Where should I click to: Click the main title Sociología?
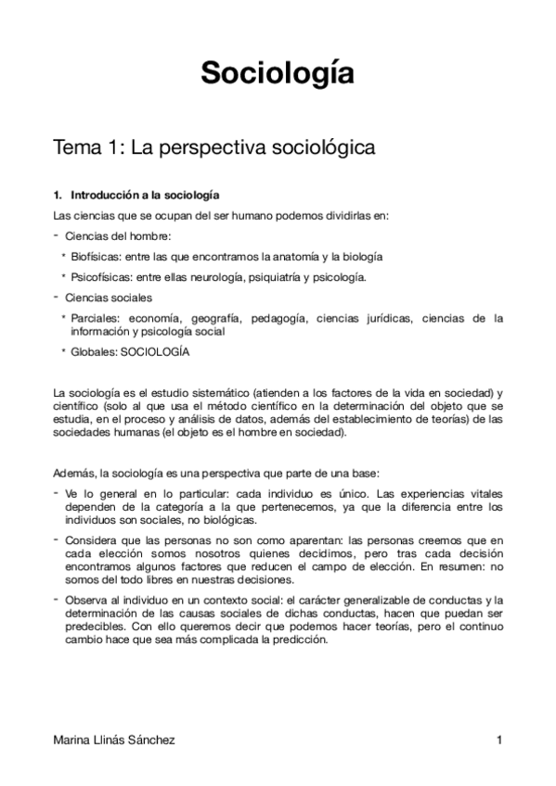[x=278, y=72]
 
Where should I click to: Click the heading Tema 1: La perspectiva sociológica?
[x=213, y=146]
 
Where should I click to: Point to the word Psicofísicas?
[x=99, y=276]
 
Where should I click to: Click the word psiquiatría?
[x=277, y=276]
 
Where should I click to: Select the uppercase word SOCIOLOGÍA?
[x=155, y=352]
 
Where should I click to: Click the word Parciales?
[x=93, y=318]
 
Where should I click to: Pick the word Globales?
[x=92, y=352]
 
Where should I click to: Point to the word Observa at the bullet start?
[x=88, y=600]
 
